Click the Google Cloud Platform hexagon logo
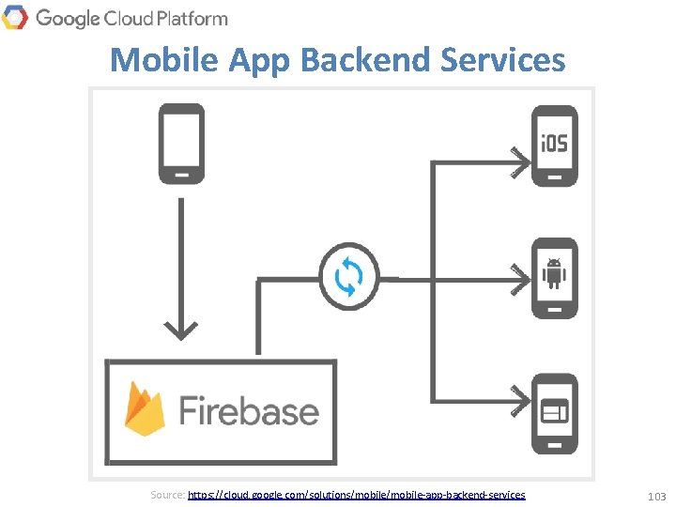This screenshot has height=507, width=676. click(x=15, y=17)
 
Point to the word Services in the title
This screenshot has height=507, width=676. click(x=503, y=60)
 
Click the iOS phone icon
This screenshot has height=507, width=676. click(x=555, y=146)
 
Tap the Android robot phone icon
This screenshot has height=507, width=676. click(x=555, y=278)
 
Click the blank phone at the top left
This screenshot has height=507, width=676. click(x=181, y=144)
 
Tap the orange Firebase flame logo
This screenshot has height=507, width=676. click(x=146, y=409)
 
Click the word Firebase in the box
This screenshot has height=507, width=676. click(x=249, y=411)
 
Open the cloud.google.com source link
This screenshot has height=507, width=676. click(x=357, y=494)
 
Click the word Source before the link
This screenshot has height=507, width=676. click(x=167, y=494)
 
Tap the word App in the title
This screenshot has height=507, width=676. click(x=258, y=60)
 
